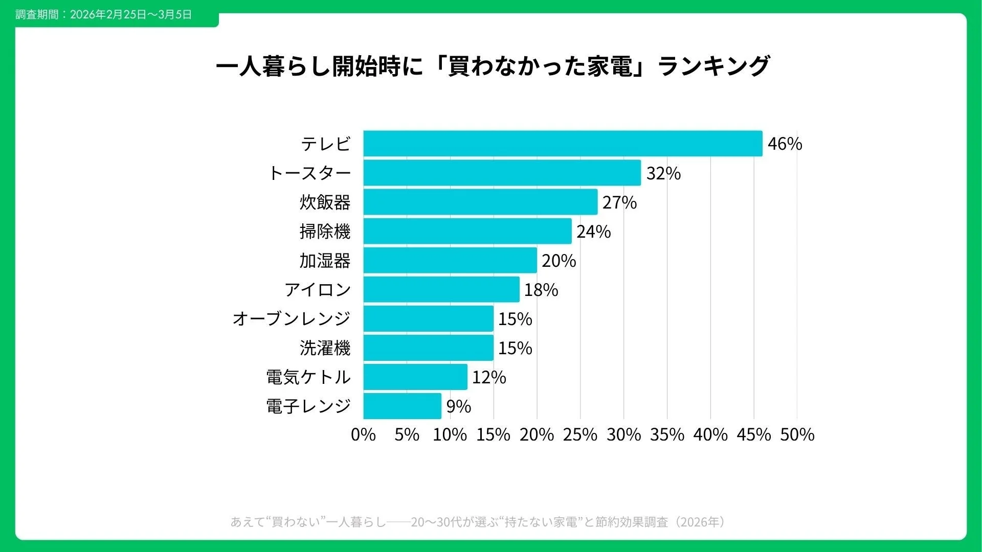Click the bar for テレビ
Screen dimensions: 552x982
tap(563, 144)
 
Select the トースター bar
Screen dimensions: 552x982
tap(502, 173)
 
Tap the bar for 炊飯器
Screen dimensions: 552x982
tap(480, 202)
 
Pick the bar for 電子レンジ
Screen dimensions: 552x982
tap(402, 406)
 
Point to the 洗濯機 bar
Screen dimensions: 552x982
tap(428, 348)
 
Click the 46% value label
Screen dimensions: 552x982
tap(785, 144)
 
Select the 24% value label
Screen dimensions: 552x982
tap(593, 232)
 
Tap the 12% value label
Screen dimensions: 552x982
tap(489, 377)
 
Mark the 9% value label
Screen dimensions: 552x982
tap(458, 406)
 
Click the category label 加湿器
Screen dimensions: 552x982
tap(325, 261)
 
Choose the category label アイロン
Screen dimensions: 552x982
tap(318, 290)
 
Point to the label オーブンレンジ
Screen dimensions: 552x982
tap(291, 318)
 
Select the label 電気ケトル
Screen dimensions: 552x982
tap(308, 377)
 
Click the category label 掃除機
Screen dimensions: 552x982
tap(325, 232)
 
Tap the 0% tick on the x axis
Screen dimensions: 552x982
tap(363, 434)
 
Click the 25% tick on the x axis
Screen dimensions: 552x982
tap(580, 434)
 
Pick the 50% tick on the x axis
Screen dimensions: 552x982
tap(797, 434)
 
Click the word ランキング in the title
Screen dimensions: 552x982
tap(713, 66)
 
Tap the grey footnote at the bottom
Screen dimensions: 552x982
tap(478, 522)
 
